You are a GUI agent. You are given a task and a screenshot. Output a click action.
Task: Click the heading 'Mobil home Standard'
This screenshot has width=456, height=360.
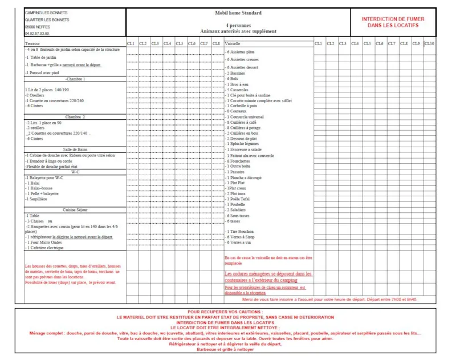[238, 13]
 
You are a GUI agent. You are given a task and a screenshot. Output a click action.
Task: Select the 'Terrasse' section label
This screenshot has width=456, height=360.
[32, 43]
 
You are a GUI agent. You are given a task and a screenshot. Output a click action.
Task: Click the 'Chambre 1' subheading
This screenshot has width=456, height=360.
[75, 79]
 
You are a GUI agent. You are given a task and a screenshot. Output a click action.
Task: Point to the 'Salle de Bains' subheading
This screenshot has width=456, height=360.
[75, 149]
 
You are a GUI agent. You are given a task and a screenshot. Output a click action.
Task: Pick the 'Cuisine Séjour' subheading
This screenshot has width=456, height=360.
[75, 209]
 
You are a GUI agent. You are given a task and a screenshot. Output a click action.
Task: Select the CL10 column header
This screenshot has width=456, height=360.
[429, 43]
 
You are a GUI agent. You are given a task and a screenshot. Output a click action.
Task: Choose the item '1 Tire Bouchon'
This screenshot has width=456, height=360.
[241, 231]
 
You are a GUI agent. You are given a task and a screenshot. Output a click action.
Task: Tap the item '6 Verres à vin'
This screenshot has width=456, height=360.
[240, 242]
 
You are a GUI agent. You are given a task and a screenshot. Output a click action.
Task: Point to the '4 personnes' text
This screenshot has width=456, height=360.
[238, 26]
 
